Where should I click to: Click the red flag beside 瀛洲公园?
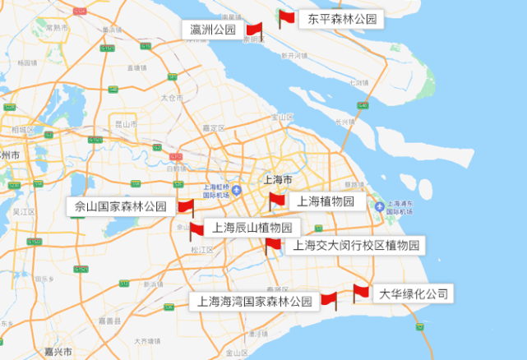point(253,30)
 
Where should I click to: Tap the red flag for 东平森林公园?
point(285,18)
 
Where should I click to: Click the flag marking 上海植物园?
point(276,200)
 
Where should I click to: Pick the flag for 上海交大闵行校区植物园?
point(272,244)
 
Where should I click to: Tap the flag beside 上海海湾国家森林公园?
point(328,300)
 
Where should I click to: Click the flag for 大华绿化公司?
point(361,292)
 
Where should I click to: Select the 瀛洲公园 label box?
point(212,30)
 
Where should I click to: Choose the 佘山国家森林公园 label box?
point(120,207)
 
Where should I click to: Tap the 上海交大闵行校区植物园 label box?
point(355,245)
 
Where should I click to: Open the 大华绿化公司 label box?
point(414,293)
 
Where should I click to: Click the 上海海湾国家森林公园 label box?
point(255,302)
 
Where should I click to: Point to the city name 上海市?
point(276,179)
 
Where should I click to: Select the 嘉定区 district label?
point(214,128)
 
